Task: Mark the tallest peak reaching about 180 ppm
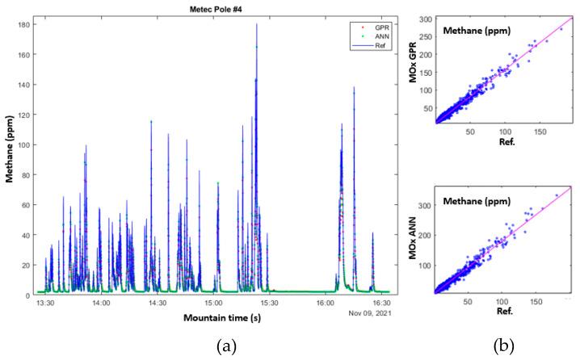pos(257,25)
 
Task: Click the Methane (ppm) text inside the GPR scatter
pos(477,31)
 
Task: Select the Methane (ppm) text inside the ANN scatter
pos(477,196)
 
